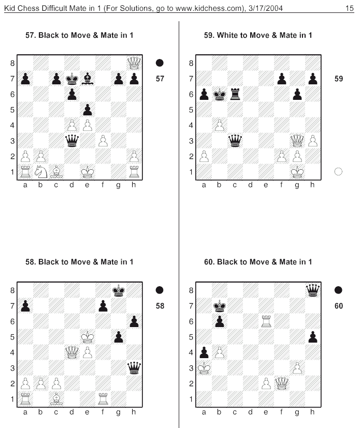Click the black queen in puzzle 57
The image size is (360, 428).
tap(72, 141)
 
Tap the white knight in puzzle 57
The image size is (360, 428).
tap(41, 172)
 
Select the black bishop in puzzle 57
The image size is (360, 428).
tap(88, 79)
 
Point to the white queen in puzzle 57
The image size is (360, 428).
tap(134, 63)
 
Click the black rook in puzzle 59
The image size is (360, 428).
tap(235, 94)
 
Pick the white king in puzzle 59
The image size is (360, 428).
tap(297, 172)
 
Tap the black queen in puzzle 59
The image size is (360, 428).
tap(235, 141)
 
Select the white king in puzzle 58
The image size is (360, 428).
tap(88, 337)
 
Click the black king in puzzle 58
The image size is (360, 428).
tap(119, 290)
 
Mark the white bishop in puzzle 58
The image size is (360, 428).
tap(56, 399)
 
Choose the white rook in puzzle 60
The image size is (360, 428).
tap(266, 321)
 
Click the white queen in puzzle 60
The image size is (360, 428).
tap(282, 383)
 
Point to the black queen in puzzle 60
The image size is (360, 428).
tap(313, 290)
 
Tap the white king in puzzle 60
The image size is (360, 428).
tap(204, 368)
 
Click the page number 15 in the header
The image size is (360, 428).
tap(349, 8)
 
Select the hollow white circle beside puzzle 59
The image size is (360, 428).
tap(338, 171)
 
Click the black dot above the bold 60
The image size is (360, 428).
tap(338, 290)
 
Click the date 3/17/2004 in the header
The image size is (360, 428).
tap(266, 8)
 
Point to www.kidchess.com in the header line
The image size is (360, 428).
tap(209, 8)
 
